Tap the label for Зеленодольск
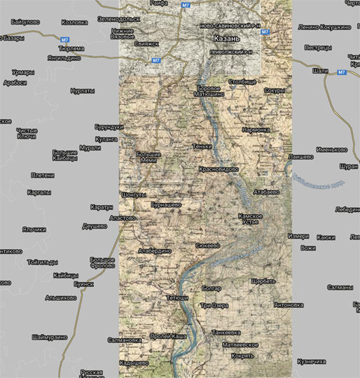(118, 19)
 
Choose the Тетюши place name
(177, 298)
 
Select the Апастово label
(123, 218)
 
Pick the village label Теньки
(202, 147)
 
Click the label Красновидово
(219, 169)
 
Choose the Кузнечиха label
(312, 361)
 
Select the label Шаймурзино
(48, 337)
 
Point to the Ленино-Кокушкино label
(324, 27)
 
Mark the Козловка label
(74, 22)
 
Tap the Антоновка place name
(289, 305)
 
